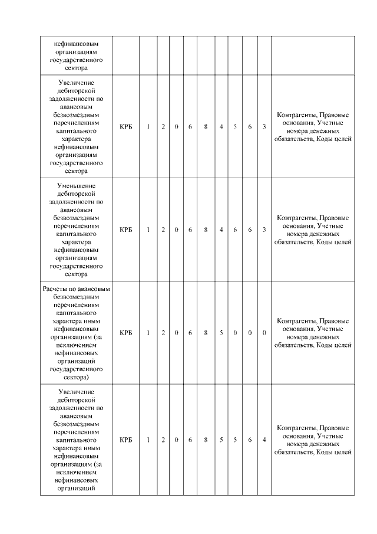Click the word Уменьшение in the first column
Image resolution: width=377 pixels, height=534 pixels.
click(x=76, y=185)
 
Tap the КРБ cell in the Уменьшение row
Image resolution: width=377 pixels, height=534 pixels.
click(x=125, y=230)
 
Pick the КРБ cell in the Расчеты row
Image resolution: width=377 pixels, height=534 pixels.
click(x=125, y=333)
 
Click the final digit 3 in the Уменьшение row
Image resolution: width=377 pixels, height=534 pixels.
click(x=264, y=230)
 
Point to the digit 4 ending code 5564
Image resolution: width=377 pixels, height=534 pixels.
click(x=264, y=440)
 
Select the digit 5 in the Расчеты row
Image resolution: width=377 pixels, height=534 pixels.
click(x=221, y=333)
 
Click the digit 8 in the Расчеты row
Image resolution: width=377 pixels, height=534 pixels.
click(x=206, y=333)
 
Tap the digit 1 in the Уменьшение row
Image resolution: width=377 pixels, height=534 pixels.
click(x=148, y=230)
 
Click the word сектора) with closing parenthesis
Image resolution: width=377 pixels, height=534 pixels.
click(x=76, y=376)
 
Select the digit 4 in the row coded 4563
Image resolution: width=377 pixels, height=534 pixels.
click(x=221, y=127)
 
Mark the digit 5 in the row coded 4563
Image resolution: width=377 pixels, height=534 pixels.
click(x=235, y=127)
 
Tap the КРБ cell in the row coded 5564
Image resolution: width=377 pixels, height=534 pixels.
click(x=125, y=440)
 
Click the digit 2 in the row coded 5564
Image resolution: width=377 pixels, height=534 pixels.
click(x=163, y=440)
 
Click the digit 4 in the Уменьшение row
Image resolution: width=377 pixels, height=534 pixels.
click(x=221, y=230)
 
